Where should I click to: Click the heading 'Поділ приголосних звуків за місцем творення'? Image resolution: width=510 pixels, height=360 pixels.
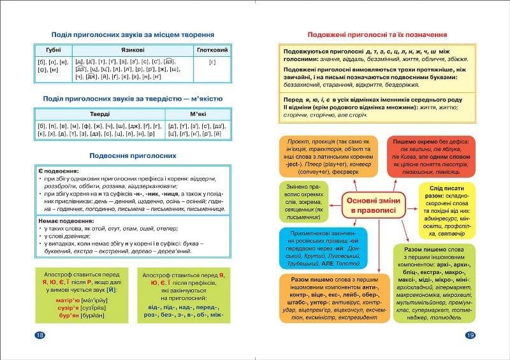(132, 34)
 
